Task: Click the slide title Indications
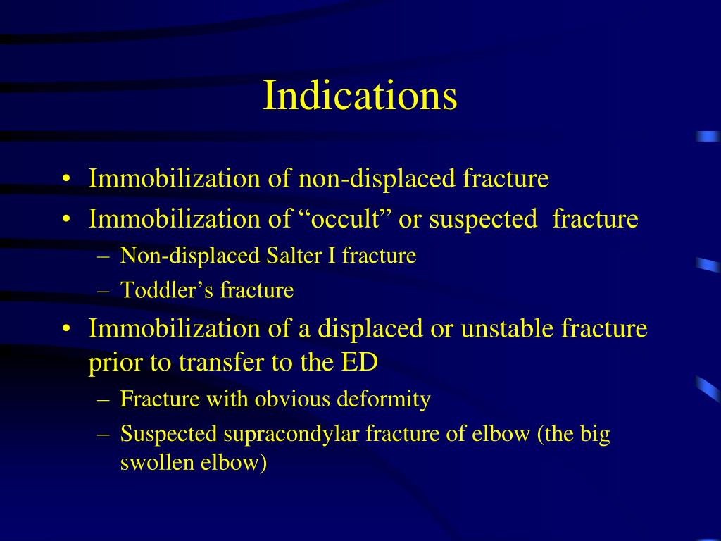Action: click(360, 95)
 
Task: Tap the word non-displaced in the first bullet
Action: click(377, 178)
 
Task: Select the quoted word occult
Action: click(345, 218)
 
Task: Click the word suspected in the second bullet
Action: click(483, 220)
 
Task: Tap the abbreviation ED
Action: click(359, 362)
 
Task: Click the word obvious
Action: click(292, 399)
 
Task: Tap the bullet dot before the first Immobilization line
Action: click(67, 179)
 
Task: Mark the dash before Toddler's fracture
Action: click(104, 291)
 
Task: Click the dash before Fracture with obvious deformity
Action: click(104, 400)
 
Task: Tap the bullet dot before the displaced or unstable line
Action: click(67, 329)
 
